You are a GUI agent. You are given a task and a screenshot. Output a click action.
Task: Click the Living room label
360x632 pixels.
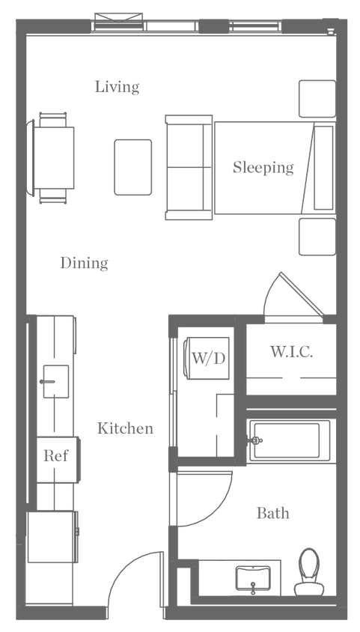118,88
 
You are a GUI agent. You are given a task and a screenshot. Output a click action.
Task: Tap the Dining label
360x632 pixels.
85,264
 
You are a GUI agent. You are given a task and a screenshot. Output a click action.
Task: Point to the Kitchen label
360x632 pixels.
125,429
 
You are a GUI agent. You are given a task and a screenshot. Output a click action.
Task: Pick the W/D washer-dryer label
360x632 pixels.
207,358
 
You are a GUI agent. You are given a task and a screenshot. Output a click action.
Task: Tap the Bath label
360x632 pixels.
272,514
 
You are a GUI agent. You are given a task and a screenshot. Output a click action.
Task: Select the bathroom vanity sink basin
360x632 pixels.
257,577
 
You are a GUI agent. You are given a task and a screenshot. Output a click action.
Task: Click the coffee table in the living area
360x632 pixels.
133,167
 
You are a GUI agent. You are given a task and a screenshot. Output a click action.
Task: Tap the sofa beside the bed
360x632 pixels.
187,168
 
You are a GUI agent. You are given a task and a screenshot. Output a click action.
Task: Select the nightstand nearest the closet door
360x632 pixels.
315,237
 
